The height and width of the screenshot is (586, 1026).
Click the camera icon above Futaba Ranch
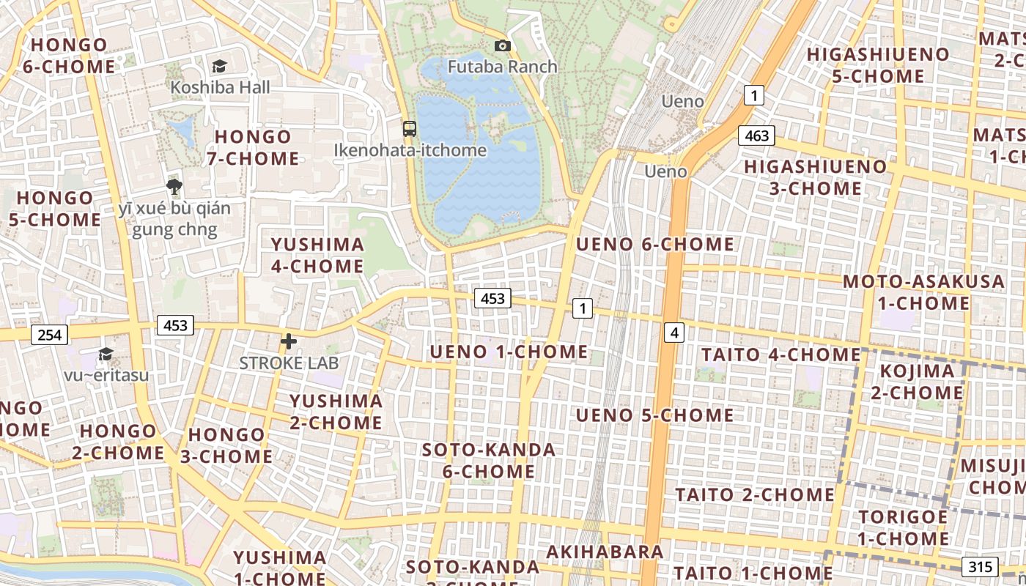pyautogui.click(x=502, y=46)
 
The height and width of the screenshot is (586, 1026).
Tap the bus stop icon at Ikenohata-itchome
pyautogui.click(x=410, y=129)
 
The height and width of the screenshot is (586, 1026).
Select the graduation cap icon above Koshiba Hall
pyautogui.click(x=219, y=67)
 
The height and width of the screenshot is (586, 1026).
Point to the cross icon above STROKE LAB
pyautogui.click(x=289, y=341)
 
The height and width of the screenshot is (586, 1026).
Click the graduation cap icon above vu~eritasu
pyautogui.click(x=106, y=355)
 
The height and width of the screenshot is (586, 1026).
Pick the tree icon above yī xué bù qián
pyautogui.click(x=174, y=187)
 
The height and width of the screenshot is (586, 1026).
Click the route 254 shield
pyautogui.click(x=49, y=335)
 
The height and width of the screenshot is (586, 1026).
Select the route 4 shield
pyautogui.click(x=674, y=333)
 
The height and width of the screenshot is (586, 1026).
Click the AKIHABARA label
pyautogui.click(x=605, y=552)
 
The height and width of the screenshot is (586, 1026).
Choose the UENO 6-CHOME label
pyautogui.click(x=655, y=245)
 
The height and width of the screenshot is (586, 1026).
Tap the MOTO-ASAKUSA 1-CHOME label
pyautogui.click(x=923, y=292)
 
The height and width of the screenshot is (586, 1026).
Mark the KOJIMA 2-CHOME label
pyautogui.click(x=917, y=382)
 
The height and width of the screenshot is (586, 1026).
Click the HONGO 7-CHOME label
pyautogui.click(x=253, y=147)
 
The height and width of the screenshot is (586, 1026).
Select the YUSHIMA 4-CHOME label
pyautogui.click(x=317, y=255)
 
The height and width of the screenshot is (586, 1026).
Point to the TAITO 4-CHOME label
pyautogui.click(x=780, y=355)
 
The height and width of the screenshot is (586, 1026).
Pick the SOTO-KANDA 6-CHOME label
pyautogui.click(x=489, y=460)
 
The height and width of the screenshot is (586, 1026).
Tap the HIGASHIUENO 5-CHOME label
pyautogui.click(x=878, y=65)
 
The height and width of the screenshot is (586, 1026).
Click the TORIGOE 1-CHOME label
pyautogui.click(x=903, y=527)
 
